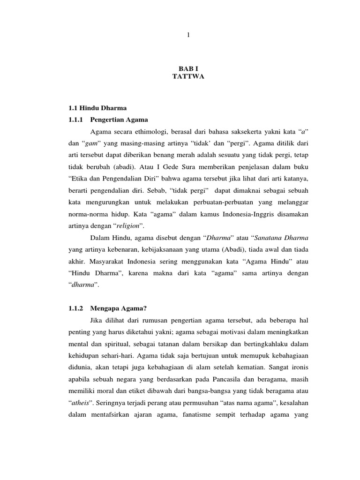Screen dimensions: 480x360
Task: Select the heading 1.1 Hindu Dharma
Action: [97, 108]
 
